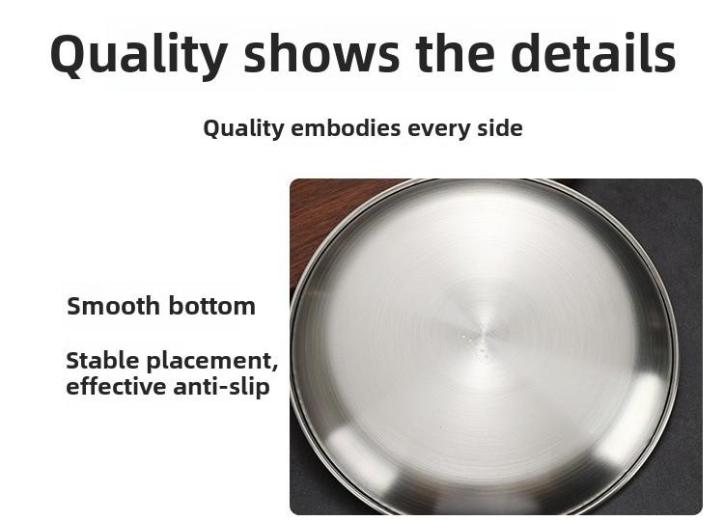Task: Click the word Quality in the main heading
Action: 138,54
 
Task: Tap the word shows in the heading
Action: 321,53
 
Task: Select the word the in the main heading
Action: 456,53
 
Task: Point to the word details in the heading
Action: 594,53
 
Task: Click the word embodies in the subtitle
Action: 346,127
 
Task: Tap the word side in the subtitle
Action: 500,127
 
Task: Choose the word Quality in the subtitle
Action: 243,129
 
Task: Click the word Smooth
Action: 113,306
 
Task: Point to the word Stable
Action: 102,361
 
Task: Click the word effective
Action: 116,387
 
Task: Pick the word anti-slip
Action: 221,388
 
